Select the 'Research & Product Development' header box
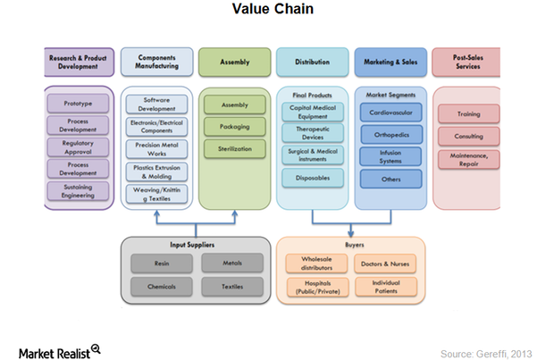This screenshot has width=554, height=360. (78, 62)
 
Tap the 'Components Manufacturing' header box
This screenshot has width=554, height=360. (156, 62)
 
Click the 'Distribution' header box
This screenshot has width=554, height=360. (313, 62)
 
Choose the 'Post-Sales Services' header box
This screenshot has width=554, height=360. (468, 62)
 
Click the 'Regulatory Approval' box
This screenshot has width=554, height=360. (78, 147)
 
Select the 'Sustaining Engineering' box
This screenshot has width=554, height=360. (78, 190)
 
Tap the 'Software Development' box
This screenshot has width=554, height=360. (156, 105)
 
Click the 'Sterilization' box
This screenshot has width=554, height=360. (234, 147)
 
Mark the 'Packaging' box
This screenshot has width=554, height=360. (234, 126)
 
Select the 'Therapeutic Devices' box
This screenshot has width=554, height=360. (313, 134)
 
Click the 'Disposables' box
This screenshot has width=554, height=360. (313, 178)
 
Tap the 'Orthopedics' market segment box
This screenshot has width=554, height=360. (390, 135)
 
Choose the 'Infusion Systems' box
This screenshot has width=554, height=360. (390, 157)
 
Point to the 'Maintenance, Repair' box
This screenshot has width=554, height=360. (468, 160)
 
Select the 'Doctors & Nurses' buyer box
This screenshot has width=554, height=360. (384, 264)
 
